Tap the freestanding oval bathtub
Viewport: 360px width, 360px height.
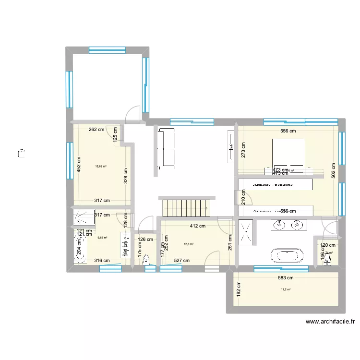click(x=287, y=256)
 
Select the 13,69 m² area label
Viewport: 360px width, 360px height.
click(x=101, y=167)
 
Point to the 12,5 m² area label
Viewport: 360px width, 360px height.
click(x=188, y=244)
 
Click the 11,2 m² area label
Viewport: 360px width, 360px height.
click(x=286, y=289)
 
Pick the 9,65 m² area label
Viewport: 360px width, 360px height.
click(x=102, y=237)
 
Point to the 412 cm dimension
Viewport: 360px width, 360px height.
click(x=198, y=226)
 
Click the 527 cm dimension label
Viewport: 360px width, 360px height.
click(x=181, y=261)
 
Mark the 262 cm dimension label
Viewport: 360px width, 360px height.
click(x=96, y=130)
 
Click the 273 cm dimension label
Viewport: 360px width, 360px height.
click(x=244, y=152)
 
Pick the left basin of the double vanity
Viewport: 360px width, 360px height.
click(x=278, y=224)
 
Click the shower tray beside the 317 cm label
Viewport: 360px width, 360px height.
click(x=84, y=217)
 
